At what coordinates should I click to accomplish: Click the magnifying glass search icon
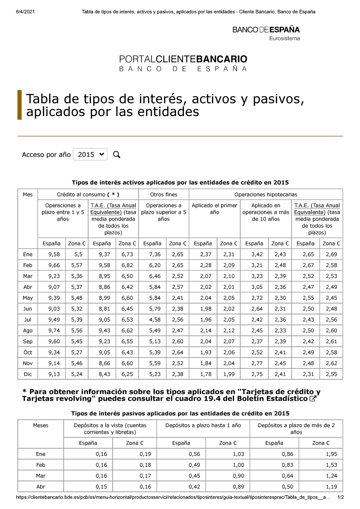117,155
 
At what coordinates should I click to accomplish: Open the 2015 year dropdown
90,154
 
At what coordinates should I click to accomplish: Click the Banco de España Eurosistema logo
266,33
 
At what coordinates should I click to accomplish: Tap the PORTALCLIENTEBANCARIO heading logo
183,63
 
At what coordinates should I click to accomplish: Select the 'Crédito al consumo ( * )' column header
88,195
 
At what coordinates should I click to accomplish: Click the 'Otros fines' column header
163,195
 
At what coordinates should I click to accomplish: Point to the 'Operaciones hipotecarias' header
266,195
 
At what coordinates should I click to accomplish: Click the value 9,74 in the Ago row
54,330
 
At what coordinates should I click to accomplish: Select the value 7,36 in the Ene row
155,254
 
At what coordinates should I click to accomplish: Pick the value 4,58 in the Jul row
155,320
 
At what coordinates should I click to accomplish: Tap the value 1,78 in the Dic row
206,374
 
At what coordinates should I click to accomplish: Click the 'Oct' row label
28,352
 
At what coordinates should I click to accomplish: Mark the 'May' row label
28,298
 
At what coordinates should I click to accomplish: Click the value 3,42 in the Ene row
257,254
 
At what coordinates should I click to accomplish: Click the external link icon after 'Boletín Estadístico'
313,399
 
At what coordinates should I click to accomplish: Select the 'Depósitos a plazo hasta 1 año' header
203,425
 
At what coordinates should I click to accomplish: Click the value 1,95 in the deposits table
331,454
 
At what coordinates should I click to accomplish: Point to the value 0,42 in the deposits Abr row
194,487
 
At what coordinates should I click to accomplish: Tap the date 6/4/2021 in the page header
25,12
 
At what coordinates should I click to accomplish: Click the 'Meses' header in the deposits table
40,425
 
